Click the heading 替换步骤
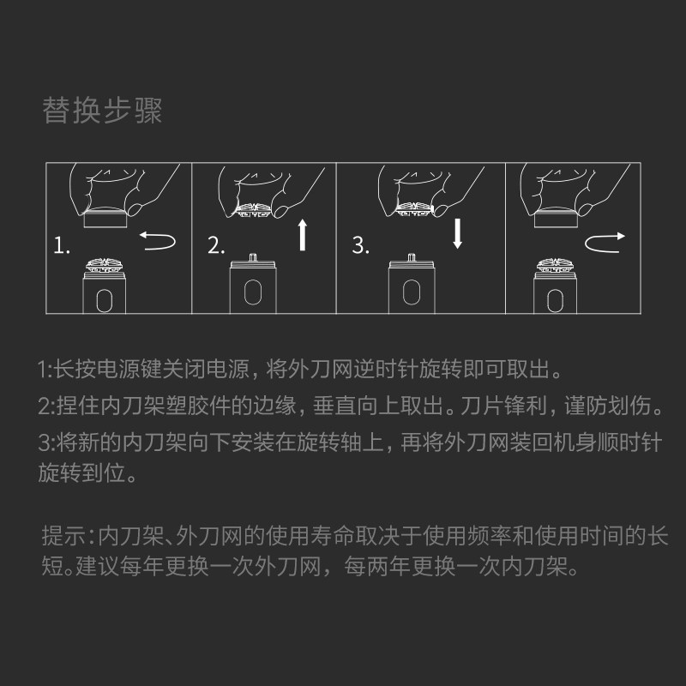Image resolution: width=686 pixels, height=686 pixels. coord(102,111)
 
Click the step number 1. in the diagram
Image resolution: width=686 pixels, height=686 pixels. coord(61,247)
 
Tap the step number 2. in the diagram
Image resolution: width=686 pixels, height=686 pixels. coord(216,247)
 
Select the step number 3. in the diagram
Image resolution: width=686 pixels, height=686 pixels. coord(361,247)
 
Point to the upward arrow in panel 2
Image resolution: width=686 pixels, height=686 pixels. coord(303,234)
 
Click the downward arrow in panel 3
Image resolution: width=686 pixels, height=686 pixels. coord(458,232)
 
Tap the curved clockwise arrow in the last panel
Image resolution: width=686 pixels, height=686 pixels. coord(605,243)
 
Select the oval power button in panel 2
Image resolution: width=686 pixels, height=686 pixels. coord(251,292)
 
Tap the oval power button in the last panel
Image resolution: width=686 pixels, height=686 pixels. coord(556,299)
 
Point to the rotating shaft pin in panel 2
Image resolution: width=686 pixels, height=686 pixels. coord(251,257)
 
